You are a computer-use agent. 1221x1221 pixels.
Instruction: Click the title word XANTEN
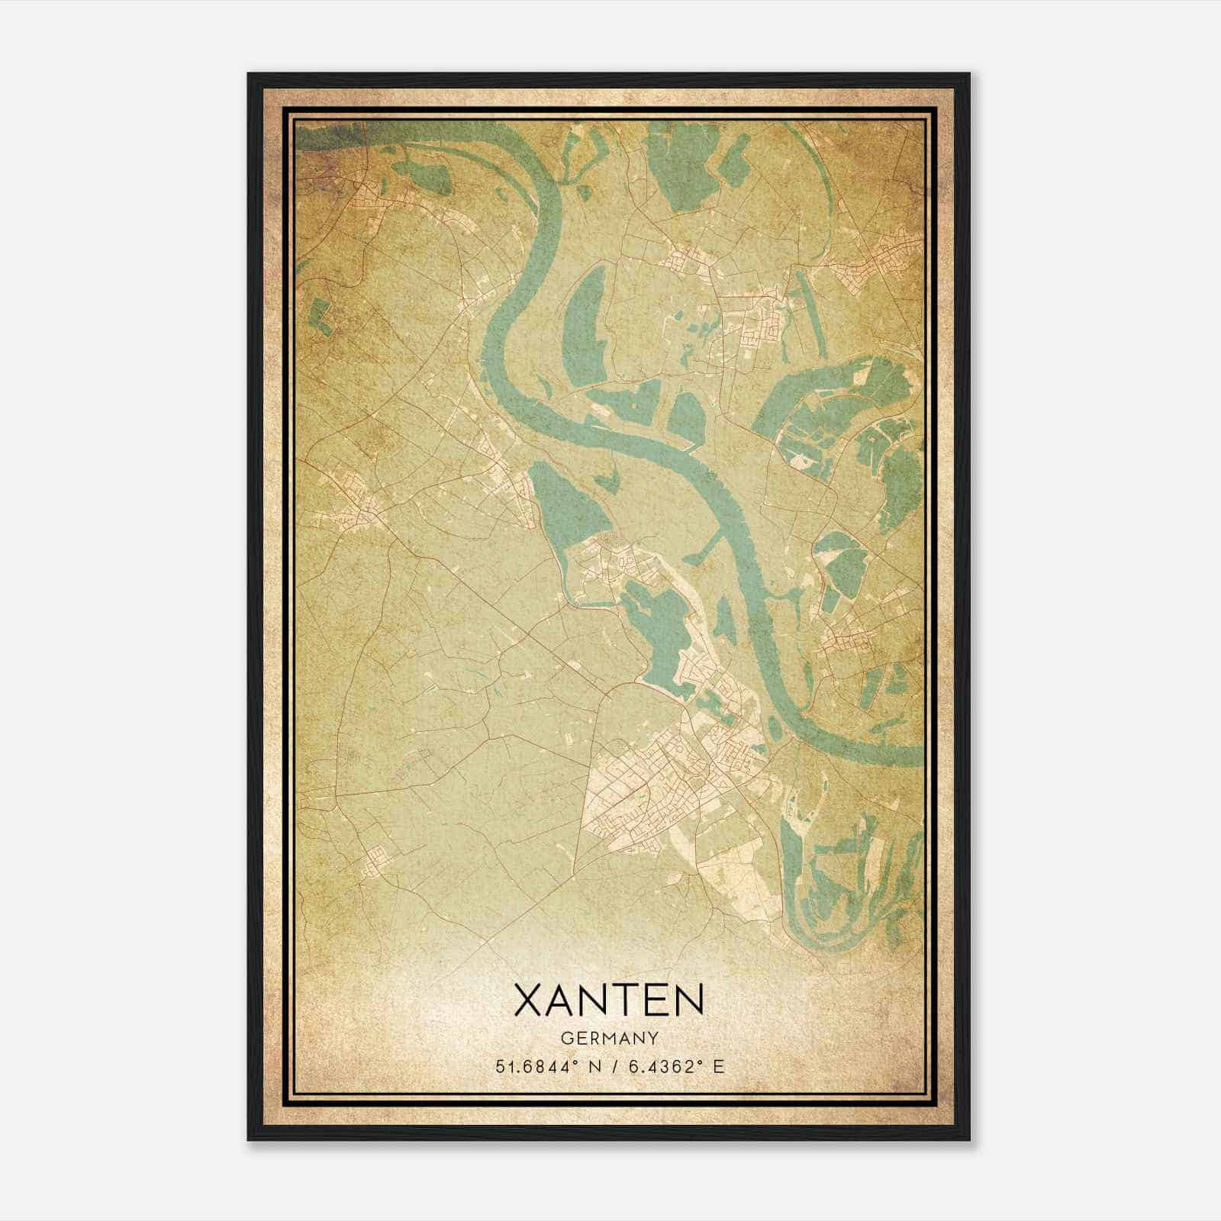pos(609,1000)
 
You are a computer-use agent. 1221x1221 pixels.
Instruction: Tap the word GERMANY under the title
pos(609,1039)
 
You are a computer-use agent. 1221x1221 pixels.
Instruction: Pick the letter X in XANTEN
pos(531,1000)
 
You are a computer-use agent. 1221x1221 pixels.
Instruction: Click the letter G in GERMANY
pos(565,1039)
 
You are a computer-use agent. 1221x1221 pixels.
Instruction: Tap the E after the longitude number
pos(717,1067)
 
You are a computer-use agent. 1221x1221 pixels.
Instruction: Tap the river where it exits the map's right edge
pos(916,755)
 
